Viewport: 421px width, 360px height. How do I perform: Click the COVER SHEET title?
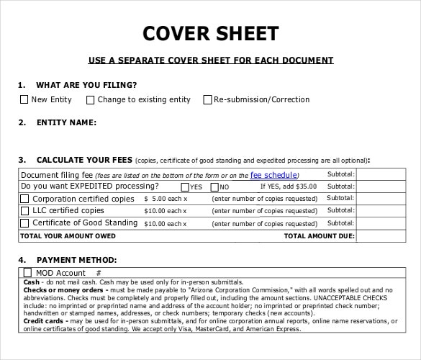point(209,34)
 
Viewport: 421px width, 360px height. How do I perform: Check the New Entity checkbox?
point(24,99)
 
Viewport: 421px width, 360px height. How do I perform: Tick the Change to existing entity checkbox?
point(90,99)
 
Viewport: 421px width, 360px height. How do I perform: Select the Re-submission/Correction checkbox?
point(208,99)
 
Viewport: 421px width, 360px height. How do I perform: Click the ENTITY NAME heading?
point(66,122)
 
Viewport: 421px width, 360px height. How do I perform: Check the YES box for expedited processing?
point(186,186)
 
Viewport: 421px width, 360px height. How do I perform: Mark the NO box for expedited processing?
point(214,186)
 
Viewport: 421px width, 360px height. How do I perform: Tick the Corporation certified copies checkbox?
point(24,199)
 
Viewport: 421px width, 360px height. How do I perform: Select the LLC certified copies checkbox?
point(24,211)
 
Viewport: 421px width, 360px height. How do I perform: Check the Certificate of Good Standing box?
point(24,223)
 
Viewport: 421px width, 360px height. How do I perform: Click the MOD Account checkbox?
point(28,273)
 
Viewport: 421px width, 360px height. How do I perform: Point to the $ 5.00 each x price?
point(166,199)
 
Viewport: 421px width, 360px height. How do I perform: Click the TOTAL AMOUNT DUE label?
point(319,235)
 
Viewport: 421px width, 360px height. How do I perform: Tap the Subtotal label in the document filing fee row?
point(340,175)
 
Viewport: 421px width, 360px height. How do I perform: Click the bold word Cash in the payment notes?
point(31,282)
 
